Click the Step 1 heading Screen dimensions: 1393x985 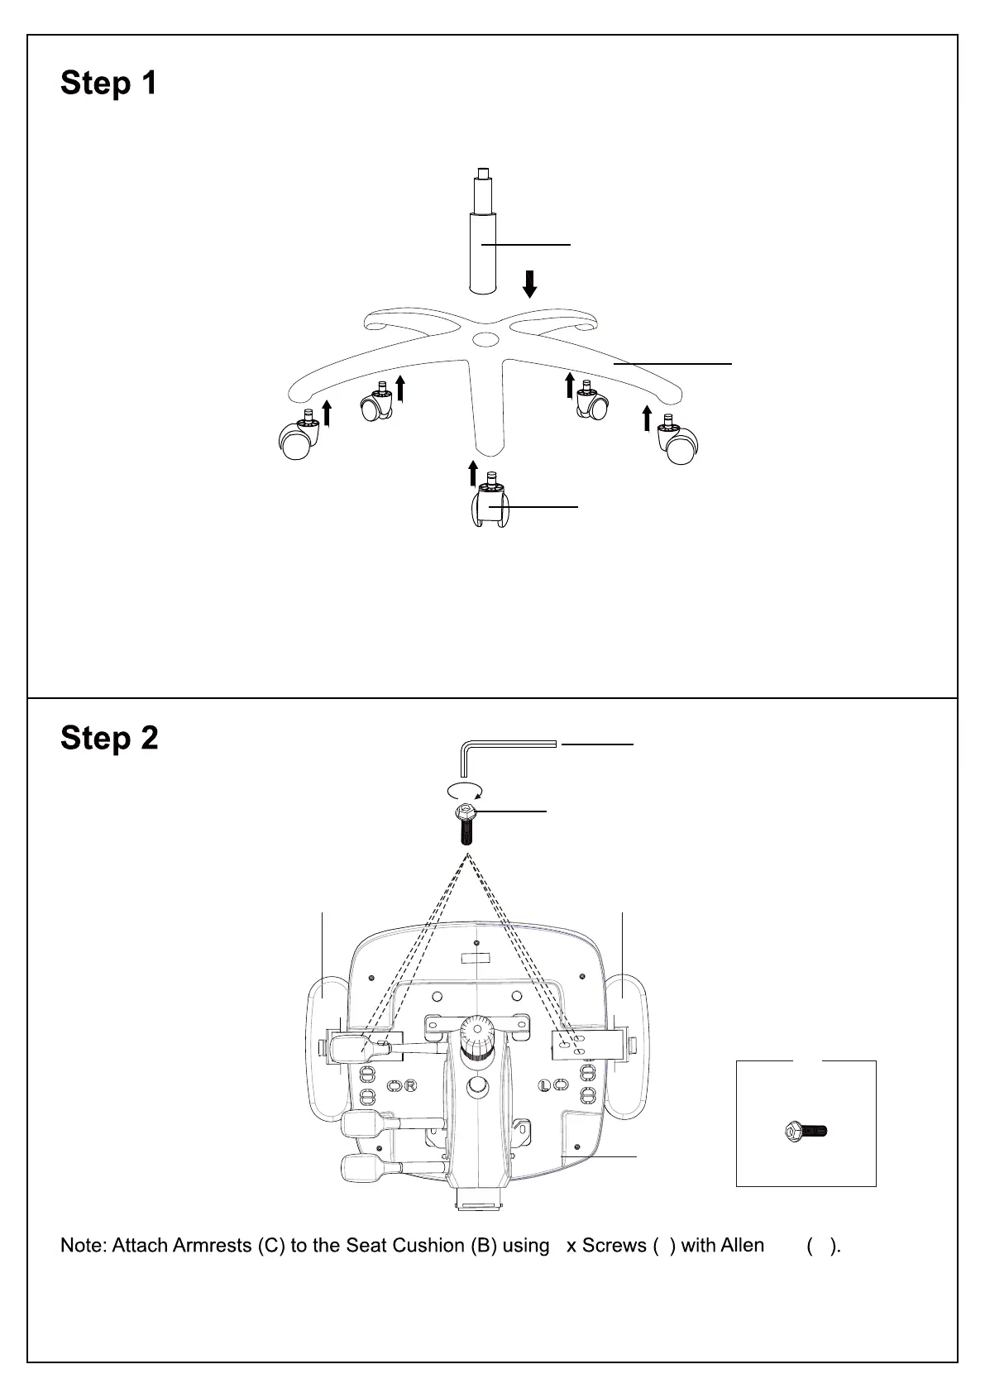point(108,84)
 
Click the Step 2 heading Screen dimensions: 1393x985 point(109,739)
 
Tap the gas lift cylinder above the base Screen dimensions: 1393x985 point(483,248)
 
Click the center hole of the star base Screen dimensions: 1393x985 point(485,339)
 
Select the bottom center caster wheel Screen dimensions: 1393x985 point(490,505)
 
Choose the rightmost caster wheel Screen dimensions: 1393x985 point(679,444)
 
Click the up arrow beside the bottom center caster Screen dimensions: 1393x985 point(473,474)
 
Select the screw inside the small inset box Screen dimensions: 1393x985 point(806,1131)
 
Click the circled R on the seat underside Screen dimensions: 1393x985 point(410,1085)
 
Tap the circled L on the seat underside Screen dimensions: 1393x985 point(545,1085)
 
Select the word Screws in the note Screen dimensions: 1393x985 point(614,1246)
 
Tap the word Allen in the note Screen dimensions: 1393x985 point(743,1246)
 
